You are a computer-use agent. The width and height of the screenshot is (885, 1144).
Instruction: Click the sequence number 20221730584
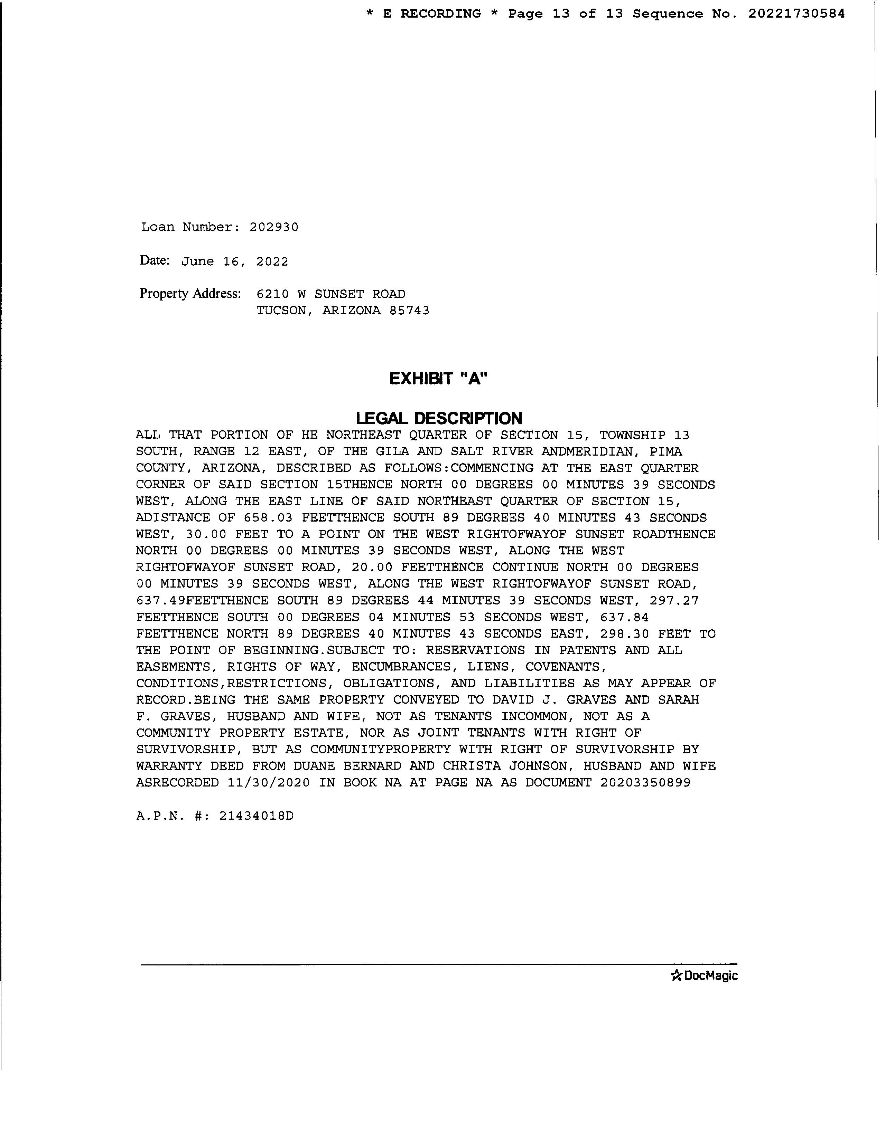[x=796, y=13]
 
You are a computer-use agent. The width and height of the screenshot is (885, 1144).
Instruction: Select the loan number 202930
[x=274, y=227]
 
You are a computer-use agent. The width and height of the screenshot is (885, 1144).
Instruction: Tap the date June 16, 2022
[x=234, y=261]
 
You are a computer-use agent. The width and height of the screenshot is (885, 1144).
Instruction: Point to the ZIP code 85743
[x=409, y=311]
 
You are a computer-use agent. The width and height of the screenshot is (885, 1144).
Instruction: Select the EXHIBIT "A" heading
[x=438, y=378]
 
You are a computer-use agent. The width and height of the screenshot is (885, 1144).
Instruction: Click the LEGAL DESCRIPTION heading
[x=439, y=418]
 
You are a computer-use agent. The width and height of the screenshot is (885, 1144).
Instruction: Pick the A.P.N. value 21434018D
[x=257, y=816]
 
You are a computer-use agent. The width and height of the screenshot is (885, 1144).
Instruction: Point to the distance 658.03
[x=268, y=518]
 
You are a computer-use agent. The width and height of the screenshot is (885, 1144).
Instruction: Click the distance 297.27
[x=674, y=601]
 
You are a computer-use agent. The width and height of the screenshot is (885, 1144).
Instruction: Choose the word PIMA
[x=666, y=451]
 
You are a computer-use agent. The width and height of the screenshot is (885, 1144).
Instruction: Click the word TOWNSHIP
[x=632, y=435]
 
